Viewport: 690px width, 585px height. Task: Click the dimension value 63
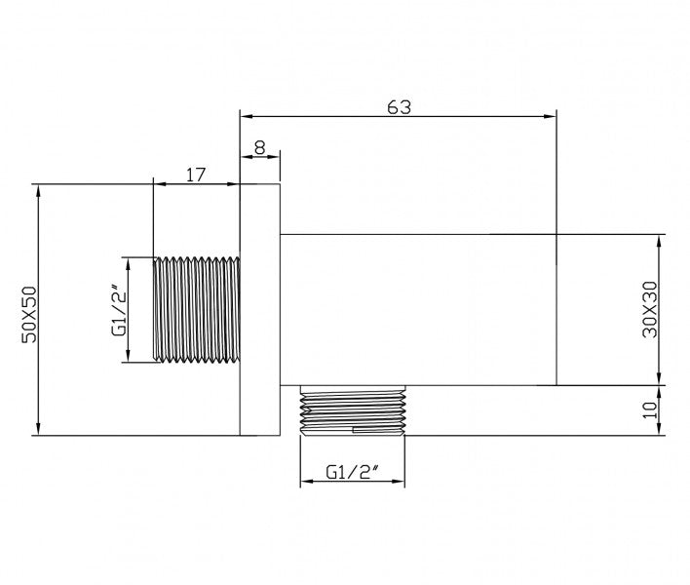click(x=398, y=107)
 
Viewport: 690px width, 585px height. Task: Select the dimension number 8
click(x=259, y=146)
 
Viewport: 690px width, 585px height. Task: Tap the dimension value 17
click(x=195, y=175)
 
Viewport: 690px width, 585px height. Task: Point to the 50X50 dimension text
click(x=28, y=310)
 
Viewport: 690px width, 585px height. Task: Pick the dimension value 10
click(x=651, y=409)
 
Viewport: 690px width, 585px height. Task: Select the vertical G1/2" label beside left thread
click(x=117, y=310)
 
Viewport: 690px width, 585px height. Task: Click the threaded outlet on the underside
click(x=354, y=410)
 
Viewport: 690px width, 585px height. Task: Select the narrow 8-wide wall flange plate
click(x=260, y=310)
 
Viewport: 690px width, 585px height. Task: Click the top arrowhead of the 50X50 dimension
click(x=38, y=189)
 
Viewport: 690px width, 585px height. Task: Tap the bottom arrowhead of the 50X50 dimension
click(x=38, y=430)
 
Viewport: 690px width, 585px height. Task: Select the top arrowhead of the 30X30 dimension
click(x=661, y=241)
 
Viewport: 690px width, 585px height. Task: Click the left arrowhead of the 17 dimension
click(x=160, y=183)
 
